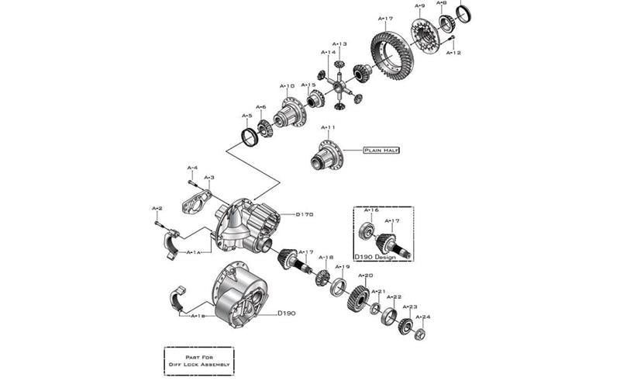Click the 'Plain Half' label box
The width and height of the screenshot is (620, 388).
click(x=381, y=151)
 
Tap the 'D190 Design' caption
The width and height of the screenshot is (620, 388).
click(x=375, y=256)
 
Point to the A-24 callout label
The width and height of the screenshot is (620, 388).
click(x=422, y=317)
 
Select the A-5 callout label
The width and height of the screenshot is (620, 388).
click(x=246, y=116)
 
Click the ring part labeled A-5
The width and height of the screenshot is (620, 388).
click(x=250, y=137)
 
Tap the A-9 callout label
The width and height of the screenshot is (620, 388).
click(x=419, y=6)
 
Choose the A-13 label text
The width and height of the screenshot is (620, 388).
click(x=339, y=44)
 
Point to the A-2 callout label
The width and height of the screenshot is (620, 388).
click(x=157, y=209)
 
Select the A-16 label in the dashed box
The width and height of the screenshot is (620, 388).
click(x=371, y=210)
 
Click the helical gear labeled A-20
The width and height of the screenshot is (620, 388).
click(x=357, y=298)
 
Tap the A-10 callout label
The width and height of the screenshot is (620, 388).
click(x=287, y=86)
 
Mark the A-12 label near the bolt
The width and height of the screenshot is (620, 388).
click(x=453, y=53)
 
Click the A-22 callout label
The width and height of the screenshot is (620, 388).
click(x=394, y=296)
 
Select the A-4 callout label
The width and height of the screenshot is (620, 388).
click(x=192, y=168)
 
